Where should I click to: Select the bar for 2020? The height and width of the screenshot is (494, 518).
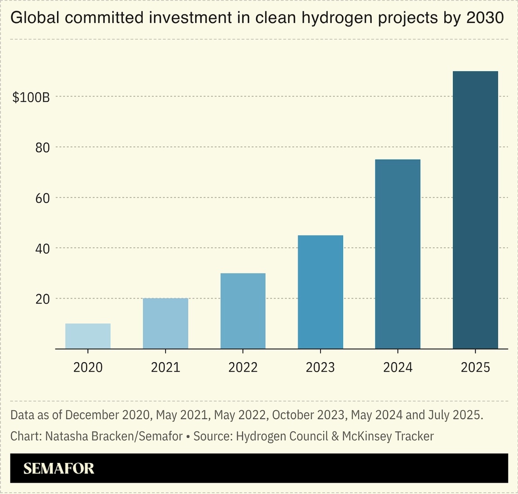[x=88, y=336]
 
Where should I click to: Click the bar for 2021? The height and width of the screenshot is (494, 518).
[x=165, y=323]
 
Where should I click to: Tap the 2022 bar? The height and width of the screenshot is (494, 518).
[x=243, y=311]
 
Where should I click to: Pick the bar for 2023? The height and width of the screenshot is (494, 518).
[x=320, y=292]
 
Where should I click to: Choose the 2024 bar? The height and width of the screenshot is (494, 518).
[x=397, y=254]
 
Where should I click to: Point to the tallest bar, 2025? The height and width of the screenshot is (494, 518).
[x=475, y=210]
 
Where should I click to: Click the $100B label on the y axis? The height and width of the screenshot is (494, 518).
[x=31, y=97]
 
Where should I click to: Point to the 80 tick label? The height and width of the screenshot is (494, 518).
[x=43, y=148]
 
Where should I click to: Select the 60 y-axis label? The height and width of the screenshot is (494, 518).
[x=43, y=198]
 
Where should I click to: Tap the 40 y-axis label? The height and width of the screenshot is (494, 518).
[x=43, y=249]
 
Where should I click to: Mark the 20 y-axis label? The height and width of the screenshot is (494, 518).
[x=43, y=299]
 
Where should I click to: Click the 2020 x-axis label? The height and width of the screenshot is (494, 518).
[x=88, y=367]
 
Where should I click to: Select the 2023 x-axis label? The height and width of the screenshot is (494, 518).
[x=320, y=367]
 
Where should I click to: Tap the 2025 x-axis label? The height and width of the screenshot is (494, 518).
[x=475, y=367]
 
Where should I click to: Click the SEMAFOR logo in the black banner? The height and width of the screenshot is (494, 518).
[x=59, y=468]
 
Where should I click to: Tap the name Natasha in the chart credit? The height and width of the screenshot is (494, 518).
[x=64, y=436]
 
